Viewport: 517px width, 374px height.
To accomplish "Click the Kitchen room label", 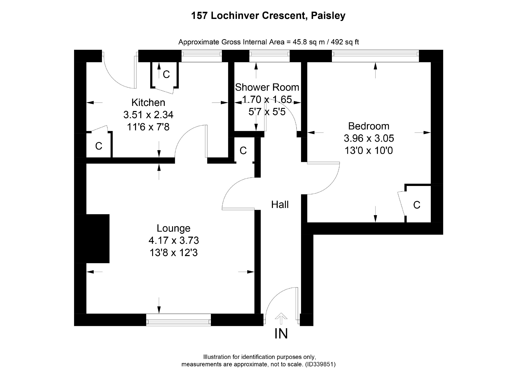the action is click(148, 103).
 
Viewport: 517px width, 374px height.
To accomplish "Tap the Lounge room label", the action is click(173, 228).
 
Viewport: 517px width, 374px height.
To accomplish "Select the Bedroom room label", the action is click(368, 126).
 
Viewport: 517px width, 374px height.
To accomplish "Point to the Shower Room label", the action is click(267, 87).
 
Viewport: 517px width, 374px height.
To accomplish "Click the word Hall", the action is click(280, 205).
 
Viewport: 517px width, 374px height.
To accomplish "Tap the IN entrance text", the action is click(281, 334).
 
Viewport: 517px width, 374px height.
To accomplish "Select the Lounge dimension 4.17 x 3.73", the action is click(174, 240).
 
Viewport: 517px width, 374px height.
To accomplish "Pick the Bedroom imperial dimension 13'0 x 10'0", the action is click(368, 151).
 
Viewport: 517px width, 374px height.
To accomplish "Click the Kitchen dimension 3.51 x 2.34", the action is click(148, 115).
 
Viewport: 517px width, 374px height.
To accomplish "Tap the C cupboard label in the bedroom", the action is click(417, 205).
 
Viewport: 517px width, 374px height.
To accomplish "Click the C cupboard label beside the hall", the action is click(243, 151).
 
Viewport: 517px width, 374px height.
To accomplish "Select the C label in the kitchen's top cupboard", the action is click(166, 74).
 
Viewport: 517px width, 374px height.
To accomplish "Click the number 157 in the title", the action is click(200, 16).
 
